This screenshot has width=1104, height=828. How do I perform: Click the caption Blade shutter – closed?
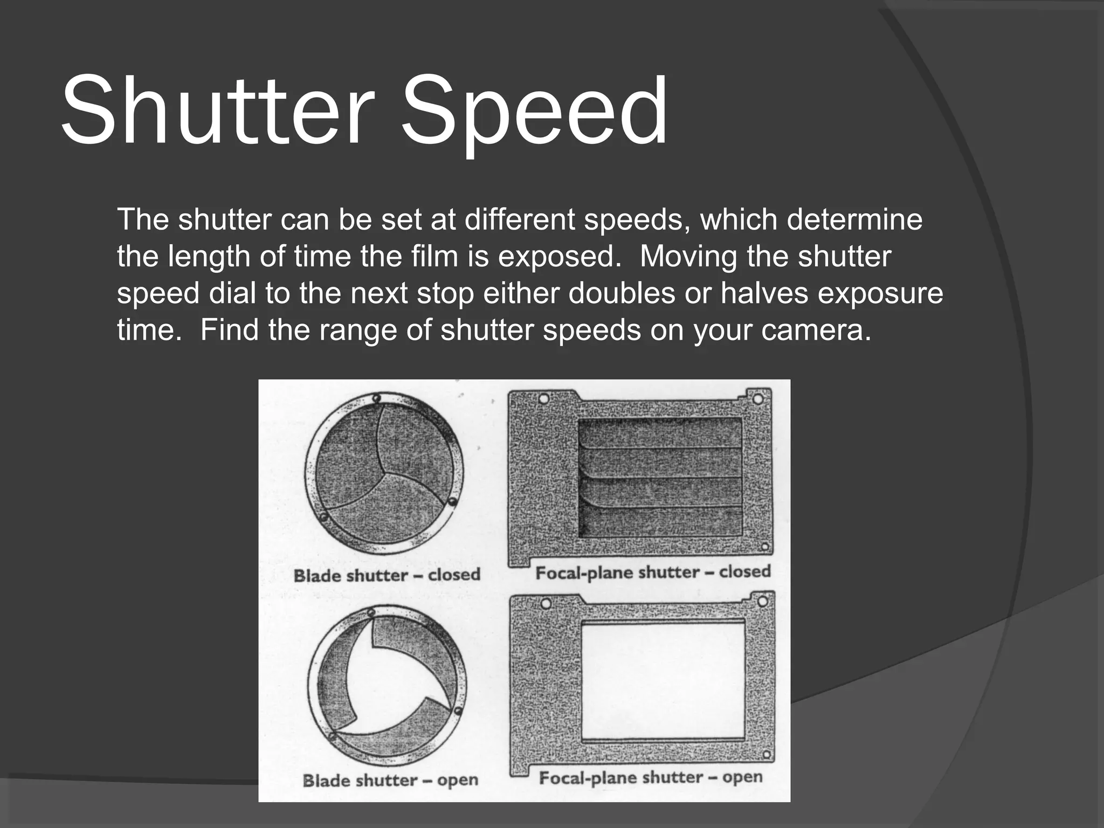coord(387,575)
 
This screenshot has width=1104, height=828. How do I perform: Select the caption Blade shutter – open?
coord(390,780)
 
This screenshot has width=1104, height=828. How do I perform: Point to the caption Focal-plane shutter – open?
coord(651,778)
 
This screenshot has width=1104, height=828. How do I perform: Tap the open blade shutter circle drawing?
coord(385,683)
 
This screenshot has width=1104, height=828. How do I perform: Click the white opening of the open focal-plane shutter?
coord(663,681)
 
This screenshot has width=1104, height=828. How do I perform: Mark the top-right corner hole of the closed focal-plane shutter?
coord(757,399)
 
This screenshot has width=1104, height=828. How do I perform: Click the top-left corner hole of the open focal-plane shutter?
coord(544,603)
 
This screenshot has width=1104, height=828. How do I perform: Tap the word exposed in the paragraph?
coord(555,257)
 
